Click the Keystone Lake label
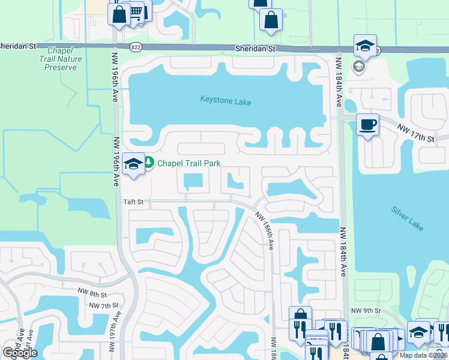[225, 102]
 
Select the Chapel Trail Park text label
[188, 163]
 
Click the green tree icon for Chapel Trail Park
[148, 163]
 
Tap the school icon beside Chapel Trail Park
[132, 163]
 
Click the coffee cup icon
[367, 125]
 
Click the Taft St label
[133, 203]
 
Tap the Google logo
[20, 353]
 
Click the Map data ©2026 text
[423, 355]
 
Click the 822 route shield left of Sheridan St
[137, 47]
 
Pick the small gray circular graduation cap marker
[359, 67]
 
